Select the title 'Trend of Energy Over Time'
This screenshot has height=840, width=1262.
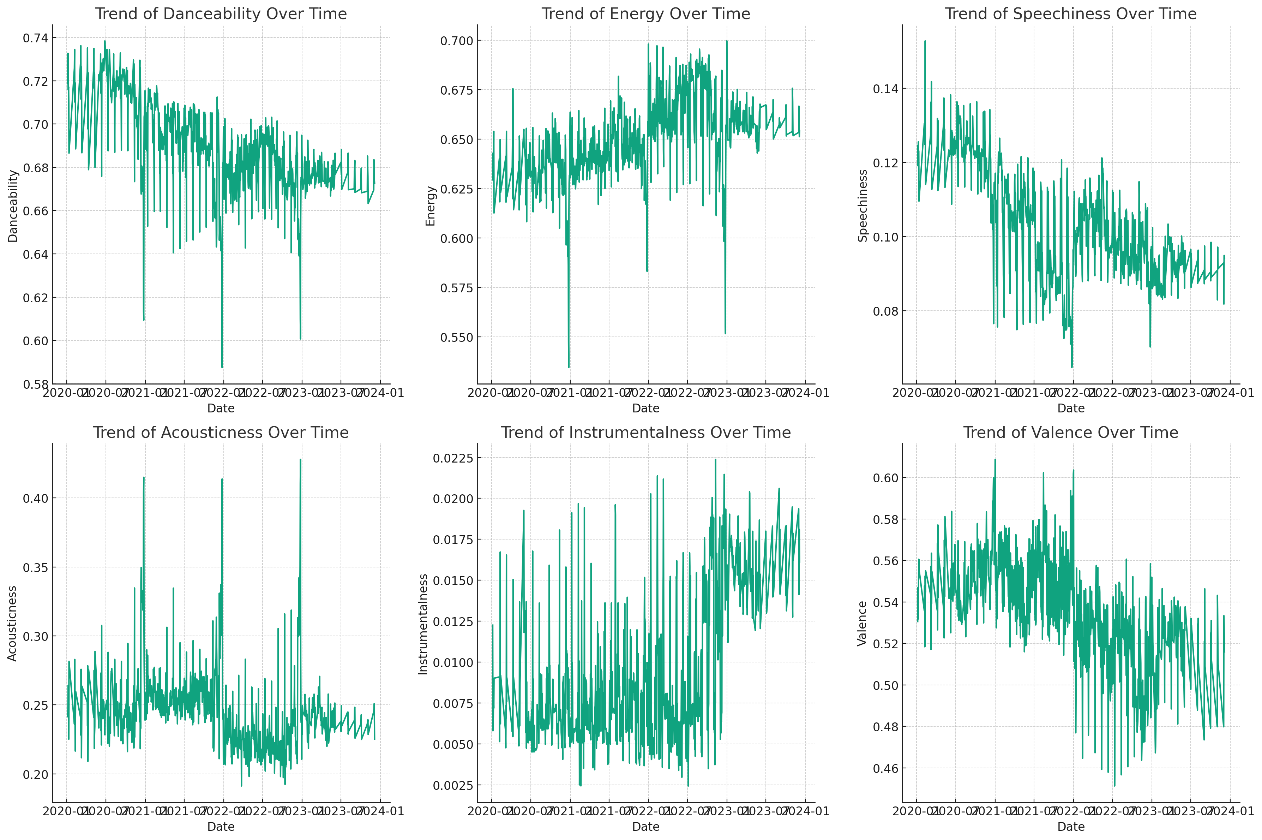coord(646,14)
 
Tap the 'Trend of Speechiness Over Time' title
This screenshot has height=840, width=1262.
coord(1070,14)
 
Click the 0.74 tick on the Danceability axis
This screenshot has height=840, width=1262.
coord(35,38)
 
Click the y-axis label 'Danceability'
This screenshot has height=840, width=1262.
coord(13,206)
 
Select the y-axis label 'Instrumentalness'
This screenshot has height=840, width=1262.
coord(423,624)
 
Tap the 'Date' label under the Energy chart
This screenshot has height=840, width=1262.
coord(646,408)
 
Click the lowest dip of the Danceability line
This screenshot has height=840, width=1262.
coord(222,367)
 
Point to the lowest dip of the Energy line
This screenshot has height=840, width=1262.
coord(569,367)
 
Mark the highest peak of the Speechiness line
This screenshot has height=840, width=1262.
coord(925,41)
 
